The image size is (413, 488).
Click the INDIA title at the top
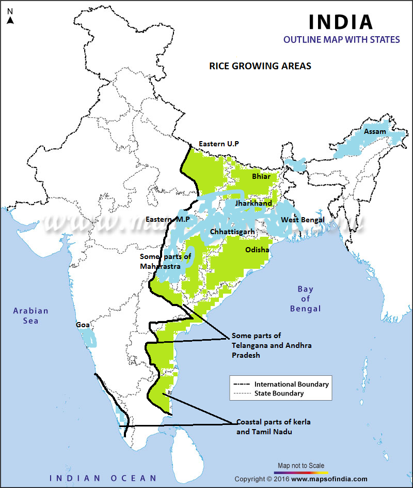click(340, 22)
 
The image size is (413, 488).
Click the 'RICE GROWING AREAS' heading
click(260, 66)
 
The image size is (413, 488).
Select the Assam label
click(375, 132)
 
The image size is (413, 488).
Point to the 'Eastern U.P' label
click(219, 144)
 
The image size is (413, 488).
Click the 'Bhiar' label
click(261, 177)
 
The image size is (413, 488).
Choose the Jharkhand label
click(253, 203)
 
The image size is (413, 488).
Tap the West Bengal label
click(302, 220)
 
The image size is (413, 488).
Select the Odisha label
click(257, 250)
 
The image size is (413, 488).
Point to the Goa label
click(82, 325)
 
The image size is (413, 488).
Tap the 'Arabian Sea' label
click(31, 316)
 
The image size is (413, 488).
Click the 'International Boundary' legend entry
click(291, 384)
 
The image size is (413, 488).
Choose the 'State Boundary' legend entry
click(279, 393)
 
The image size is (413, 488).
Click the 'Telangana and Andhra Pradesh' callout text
click(272, 345)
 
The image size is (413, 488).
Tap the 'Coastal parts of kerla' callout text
click(273, 422)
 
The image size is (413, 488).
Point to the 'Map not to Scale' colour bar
click(300, 472)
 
